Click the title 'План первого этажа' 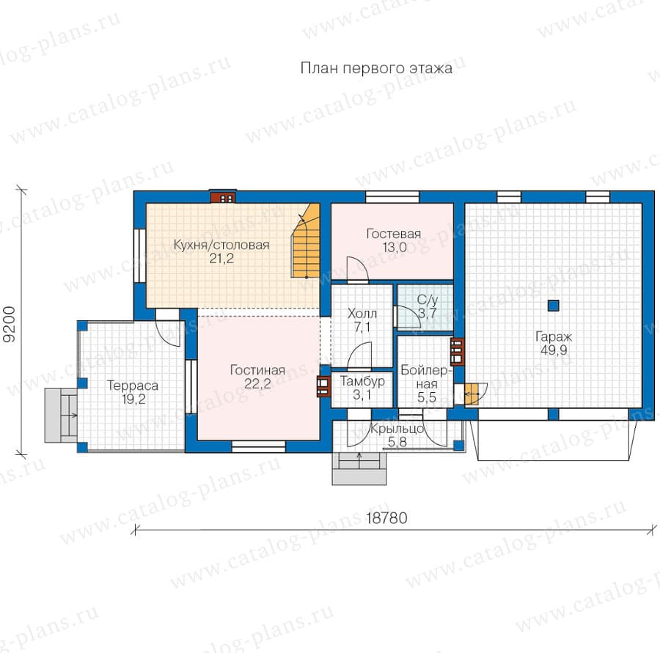tap(376, 68)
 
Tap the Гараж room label tap(554, 336)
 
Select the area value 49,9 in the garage tap(554, 350)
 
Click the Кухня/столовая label tap(221, 245)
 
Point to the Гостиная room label tap(257, 370)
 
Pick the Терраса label tap(133, 385)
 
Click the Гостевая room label tap(394, 234)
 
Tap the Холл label tap(362, 314)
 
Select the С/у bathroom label tap(428, 300)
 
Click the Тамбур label tap(362, 381)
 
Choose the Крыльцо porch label tap(397, 429)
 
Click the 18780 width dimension tap(386, 518)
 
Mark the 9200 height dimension tap(10, 325)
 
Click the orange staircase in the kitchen tap(306, 240)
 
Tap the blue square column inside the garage tap(553, 306)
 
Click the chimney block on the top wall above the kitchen tap(223, 197)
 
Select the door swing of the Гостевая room tap(357, 268)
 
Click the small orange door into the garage tap(472, 394)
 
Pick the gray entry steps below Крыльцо tap(359, 468)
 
